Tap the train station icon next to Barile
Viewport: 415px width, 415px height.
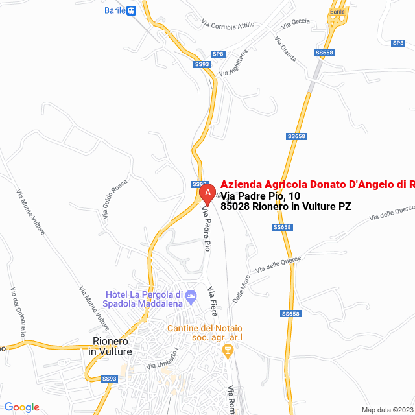[x=132, y=10]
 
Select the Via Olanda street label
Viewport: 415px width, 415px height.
[x=285, y=49]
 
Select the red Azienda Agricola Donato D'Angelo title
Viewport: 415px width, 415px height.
[x=317, y=184]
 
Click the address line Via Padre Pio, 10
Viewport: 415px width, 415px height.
[x=261, y=196]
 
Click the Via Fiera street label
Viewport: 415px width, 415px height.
[x=213, y=301]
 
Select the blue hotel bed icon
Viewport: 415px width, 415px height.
[x=191, y=298]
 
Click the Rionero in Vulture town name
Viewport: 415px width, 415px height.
[x=112, y=346]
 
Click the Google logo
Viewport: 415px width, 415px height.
[x=21, y=407]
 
